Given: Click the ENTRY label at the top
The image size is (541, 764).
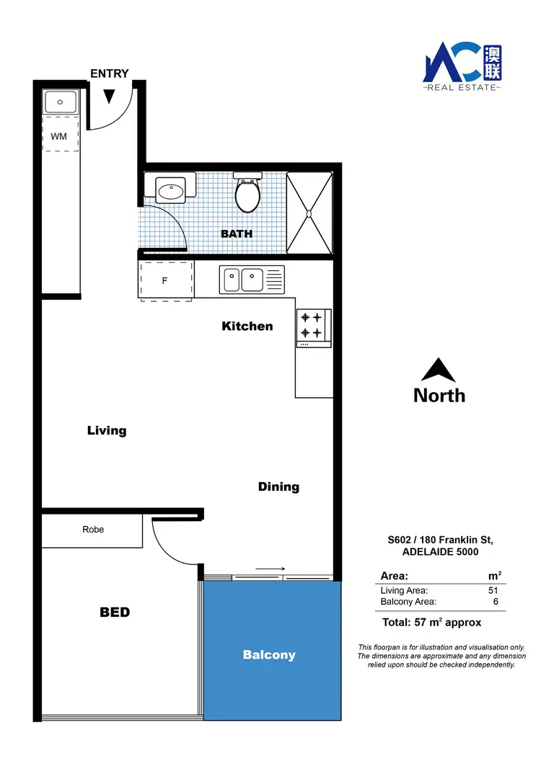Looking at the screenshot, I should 110,74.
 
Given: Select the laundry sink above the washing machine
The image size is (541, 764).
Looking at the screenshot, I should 61,102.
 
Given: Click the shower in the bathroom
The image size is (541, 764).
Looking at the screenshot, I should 309,213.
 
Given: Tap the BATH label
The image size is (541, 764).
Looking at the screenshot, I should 236,234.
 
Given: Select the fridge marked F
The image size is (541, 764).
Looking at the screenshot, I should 165,280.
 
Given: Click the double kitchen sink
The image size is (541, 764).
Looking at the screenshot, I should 252,279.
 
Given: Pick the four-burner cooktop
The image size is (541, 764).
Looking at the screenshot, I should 312,324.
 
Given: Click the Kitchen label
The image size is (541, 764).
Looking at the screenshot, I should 247,326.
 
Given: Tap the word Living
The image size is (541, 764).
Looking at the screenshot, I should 107,430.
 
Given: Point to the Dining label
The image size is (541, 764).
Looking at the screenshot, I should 278,487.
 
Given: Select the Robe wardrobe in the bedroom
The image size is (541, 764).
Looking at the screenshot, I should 92,530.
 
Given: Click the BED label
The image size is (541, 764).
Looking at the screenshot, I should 115,612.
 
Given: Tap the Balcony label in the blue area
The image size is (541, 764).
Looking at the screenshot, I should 269,654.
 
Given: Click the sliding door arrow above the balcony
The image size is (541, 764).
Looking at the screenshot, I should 270,569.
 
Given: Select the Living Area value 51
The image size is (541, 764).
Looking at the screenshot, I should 493,591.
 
